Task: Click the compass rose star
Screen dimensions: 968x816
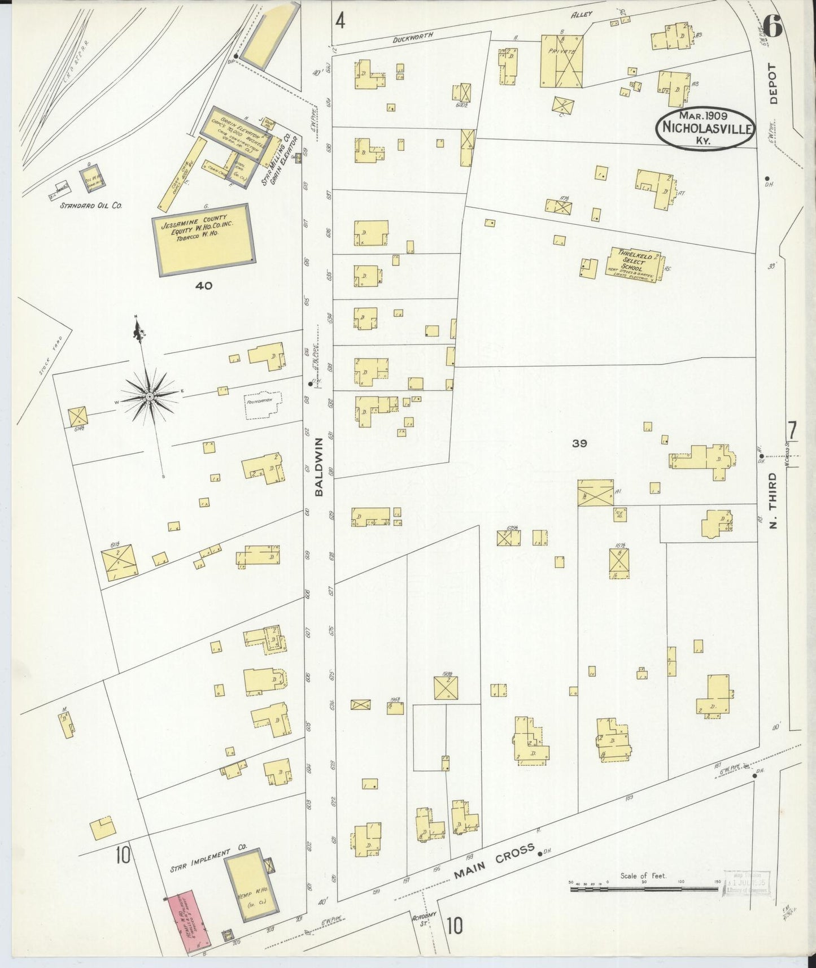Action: pos(149,398)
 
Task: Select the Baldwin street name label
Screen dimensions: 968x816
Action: pos(319,466)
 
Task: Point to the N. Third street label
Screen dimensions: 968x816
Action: pos(774,500)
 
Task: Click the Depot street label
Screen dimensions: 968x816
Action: pos(773,83)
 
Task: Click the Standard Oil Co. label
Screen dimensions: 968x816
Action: pos(91,206)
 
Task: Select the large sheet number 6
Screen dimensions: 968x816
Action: pos(771,25)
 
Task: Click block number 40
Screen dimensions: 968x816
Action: pos(203,286)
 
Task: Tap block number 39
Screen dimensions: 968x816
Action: pos(579,443)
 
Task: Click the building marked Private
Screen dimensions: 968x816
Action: pos(562,60)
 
